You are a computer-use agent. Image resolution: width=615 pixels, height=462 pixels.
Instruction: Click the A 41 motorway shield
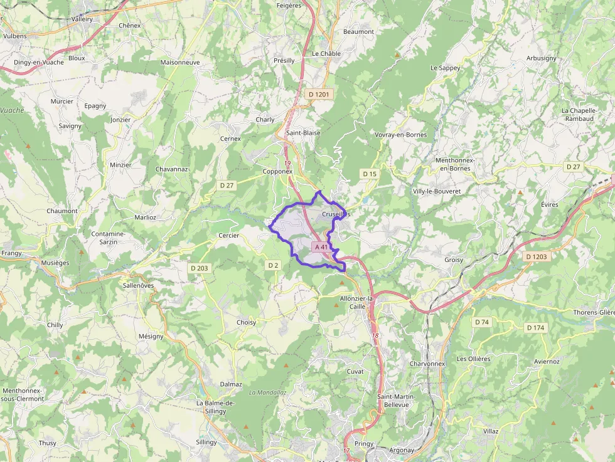[x=321, y=247]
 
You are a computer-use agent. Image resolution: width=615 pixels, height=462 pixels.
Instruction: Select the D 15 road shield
[x=370, y=174]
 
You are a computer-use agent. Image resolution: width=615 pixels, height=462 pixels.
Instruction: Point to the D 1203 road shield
[x=537, y=256]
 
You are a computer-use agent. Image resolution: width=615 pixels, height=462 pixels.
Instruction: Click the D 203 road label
[x=199, y=268]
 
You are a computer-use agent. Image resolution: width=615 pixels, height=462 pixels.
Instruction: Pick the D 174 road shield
[x=535, y=327]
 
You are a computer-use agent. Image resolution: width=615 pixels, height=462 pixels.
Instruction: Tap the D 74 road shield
[x=481, y=322]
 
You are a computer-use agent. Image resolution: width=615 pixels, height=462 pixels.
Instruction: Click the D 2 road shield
[x=273, y=265]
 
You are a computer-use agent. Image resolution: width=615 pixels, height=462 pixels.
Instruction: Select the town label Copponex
[x=277, y=171]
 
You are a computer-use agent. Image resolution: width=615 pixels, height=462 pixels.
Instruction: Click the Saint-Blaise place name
[x=303, y=133]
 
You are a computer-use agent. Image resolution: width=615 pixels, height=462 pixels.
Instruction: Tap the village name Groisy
[x=453, y=260]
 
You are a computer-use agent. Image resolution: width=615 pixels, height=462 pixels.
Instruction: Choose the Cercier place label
[x=228, y=236]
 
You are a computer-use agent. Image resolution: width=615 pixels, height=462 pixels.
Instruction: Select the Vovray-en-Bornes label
[x=400, y=135]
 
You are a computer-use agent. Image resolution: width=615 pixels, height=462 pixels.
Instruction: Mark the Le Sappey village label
[x=445, y=68]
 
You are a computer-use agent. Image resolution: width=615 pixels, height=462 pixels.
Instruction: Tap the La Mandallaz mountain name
[x=267, y=392]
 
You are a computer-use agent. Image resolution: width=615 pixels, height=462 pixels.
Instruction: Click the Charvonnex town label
[x=427, y=364]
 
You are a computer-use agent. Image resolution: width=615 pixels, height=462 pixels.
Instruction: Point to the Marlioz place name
[x=145, y=217]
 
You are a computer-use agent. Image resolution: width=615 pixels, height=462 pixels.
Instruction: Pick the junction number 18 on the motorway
[x=375, y=336]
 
